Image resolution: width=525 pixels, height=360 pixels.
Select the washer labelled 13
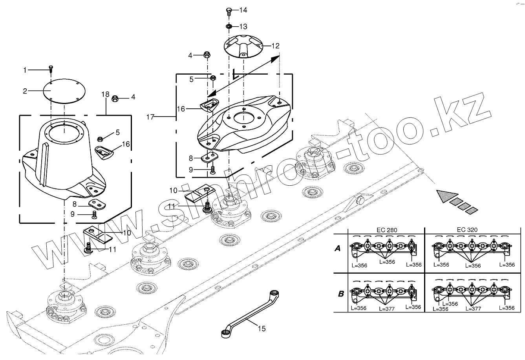229,26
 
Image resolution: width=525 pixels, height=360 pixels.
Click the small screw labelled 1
51,69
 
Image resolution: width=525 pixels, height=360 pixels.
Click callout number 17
151,117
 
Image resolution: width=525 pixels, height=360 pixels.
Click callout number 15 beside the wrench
262,328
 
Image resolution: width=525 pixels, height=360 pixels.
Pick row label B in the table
341,293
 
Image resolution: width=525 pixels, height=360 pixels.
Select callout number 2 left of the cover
25,91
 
